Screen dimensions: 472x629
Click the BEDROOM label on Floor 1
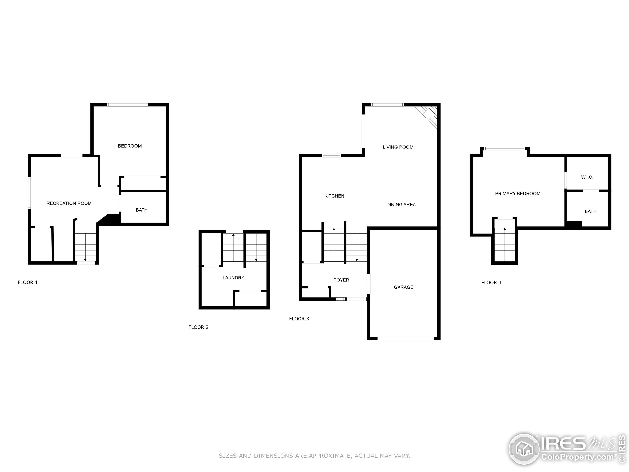pyautogui.click(x=130, y=146)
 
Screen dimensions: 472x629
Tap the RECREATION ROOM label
pyautogui.click(x=69, y=203)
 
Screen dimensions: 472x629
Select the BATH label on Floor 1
pyautogui.click(x=142, y=210)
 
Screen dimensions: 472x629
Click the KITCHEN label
pyautogui.click(x=334, y=196)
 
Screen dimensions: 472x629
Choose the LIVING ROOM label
pyautogui.click(x=398, y=147)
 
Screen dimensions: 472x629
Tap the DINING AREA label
pyautogui.click(x=401, y=205)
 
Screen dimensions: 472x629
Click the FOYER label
pyautogui.click(x=341, y=280)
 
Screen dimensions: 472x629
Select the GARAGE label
pyautogui.click(x=403, y=287)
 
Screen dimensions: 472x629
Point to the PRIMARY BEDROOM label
pyautogui.click(x=517, y=194)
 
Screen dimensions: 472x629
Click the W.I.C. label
pyautogui.click(x=587, y=177)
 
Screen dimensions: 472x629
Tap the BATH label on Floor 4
pyautogui.click(x=590, y=212)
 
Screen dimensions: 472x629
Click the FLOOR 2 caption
pyautogui.click(x=199, y=327)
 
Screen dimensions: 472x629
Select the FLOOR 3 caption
pyautogui.click(x=299, y=319)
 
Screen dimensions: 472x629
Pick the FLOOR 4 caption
pyautogui.click(x=491, y=283)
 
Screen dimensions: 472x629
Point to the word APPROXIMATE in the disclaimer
pyautogui.click(x=329, y=456)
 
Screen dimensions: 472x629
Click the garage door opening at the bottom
pyautogui.click(x=406, y=339)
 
